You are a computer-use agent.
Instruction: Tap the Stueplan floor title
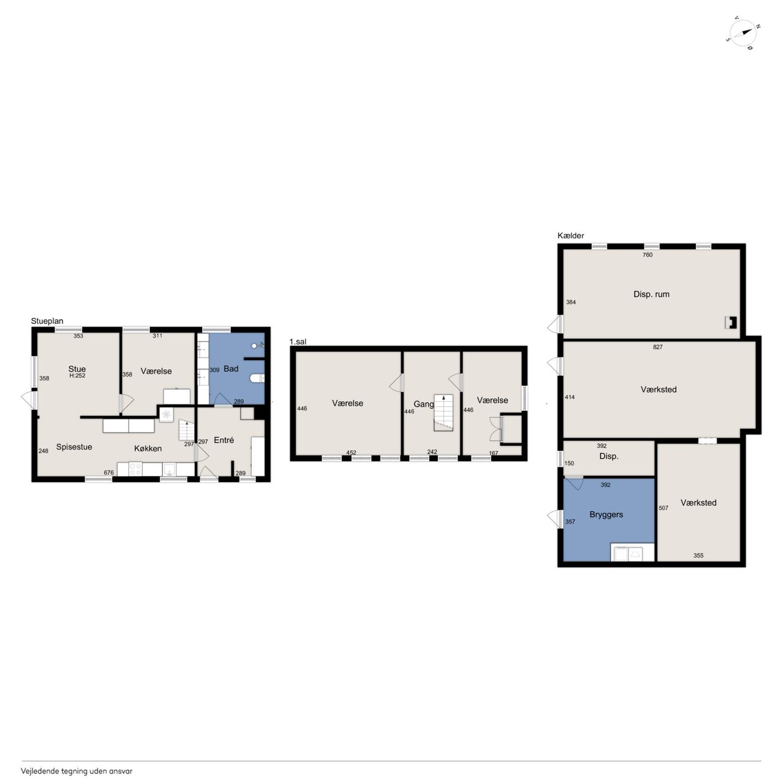tap(47, 321)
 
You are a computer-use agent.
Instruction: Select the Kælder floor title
tap(571, 236)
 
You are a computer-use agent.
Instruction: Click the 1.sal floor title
tap(298, 342)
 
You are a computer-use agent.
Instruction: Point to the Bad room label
tap(231, 369)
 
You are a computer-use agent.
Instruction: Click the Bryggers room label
tap(606, 514)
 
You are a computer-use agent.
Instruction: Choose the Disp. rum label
tap(651, 294)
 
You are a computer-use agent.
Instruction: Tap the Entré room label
tap(224, 440)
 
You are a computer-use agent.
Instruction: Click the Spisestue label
tap(74, 447)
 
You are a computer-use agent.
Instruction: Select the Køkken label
tap(148, 448)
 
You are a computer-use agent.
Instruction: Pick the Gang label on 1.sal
tap(423, 404)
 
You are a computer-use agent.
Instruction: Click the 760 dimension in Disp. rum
tap(647, 255)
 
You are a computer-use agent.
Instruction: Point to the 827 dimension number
tap(658, 347)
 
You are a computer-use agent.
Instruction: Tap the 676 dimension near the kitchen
tap(108, 473)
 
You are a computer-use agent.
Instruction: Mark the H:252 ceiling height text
tap(77, 375)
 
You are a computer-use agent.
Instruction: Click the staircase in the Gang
tap(443, 413)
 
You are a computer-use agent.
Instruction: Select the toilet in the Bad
tap(257, 379)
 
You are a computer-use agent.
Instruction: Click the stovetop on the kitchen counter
tap(135, 469)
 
